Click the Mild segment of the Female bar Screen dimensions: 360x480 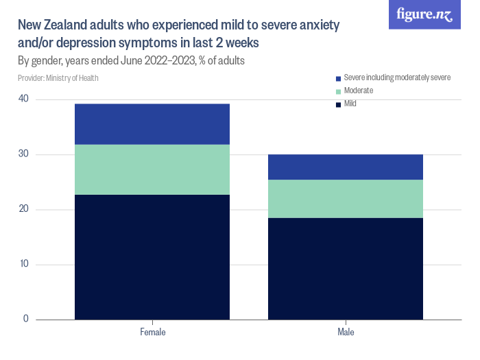click(x=152, y=257)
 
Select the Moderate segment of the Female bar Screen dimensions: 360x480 click(x=152, y=169)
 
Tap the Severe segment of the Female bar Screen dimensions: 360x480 click(x=152, y=124)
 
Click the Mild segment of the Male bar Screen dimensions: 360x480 click(x=346, y=269)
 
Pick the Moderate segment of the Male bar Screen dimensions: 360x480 click(x=346, y=199)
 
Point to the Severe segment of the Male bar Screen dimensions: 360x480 click(x=346, y=167)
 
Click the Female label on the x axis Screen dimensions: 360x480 click(x=152, y=332)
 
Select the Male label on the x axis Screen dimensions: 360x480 click(x=346, y=332)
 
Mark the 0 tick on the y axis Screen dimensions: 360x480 click(x=25, y=319)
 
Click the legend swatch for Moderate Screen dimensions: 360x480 click(x=338, y=91)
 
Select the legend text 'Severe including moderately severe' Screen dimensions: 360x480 click(x=397, y=77)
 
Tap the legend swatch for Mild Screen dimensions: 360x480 click(x=338, y=104)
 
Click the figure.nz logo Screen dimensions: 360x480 click(x=424, y=15)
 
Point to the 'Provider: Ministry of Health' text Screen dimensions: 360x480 click(x=58, y=78)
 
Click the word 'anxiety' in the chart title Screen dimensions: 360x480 click(x=317, y=25)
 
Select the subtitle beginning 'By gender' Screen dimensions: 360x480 click(x=132, y=60)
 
